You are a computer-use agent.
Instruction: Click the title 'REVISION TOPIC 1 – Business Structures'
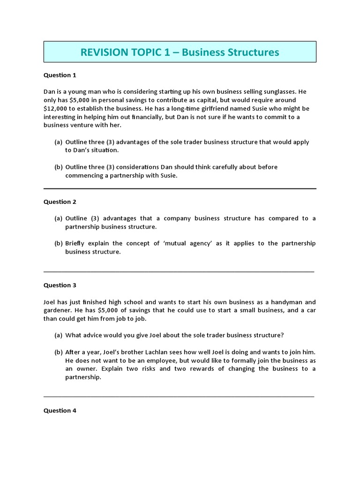coord(180,52)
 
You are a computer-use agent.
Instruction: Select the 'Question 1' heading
coord(60,75)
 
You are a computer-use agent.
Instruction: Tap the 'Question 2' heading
coord(60,202)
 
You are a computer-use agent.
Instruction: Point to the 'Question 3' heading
coord(60,285)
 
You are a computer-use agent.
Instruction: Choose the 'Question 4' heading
coord(60,411)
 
